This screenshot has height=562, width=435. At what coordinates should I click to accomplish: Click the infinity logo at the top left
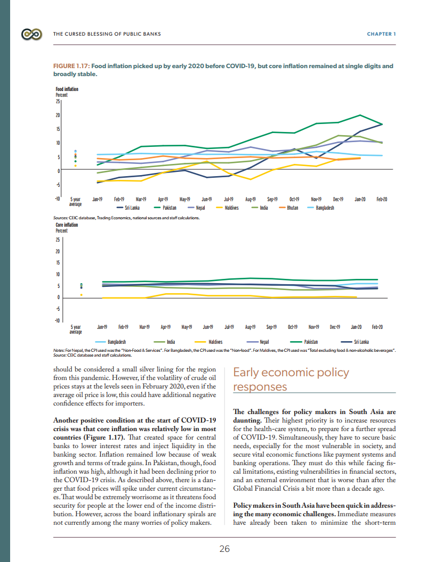[31, 34]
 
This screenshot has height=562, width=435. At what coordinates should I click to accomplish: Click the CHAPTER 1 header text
[381, 34]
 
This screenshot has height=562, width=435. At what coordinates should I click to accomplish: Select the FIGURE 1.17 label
[71, 67]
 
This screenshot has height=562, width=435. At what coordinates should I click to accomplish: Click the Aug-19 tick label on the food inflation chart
[250, 199]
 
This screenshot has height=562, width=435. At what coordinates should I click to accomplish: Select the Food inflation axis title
[67, 89]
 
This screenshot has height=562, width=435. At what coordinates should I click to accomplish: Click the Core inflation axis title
[67, 225]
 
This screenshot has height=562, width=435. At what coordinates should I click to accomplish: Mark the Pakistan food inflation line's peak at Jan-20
[361, 115]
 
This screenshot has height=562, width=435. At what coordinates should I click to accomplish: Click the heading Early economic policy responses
[291, 379]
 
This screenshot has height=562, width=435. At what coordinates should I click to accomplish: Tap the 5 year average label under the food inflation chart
[75, 201]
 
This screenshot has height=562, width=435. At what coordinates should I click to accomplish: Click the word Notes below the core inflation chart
[59, 350]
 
